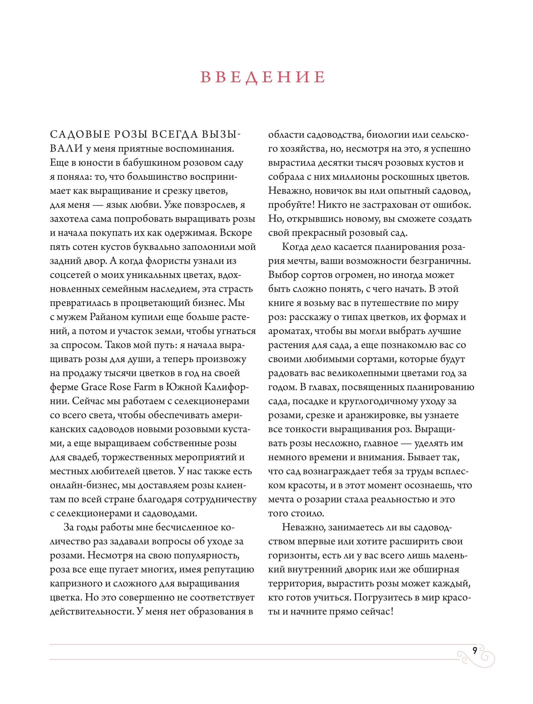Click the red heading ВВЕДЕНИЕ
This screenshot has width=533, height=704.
pyautogui.click(x=263, y=77)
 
